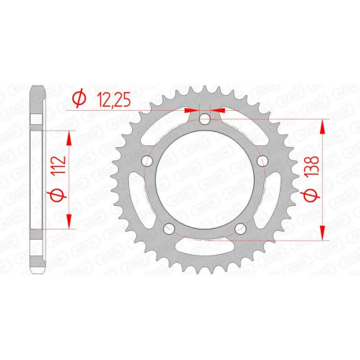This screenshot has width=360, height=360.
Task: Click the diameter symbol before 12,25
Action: [x=79, y=98]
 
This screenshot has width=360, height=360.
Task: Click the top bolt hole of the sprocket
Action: [x=204, y=119]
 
